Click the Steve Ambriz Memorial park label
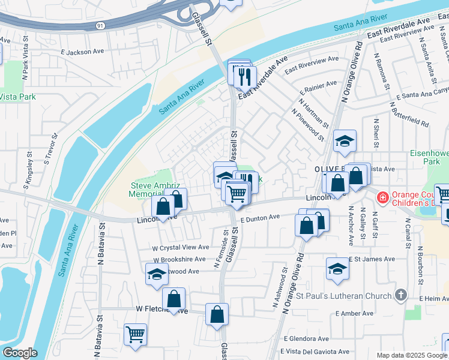[152, 190]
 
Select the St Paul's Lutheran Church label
[345, 295]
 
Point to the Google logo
[20, 353]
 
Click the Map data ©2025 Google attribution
[412, 355]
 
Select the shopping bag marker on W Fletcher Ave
[173, 299]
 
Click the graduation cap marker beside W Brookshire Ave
[157, 274]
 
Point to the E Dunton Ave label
[261, 219]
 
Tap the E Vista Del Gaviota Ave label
[315, 352]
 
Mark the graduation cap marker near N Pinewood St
[345, 141]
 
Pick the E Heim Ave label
[431, 298]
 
